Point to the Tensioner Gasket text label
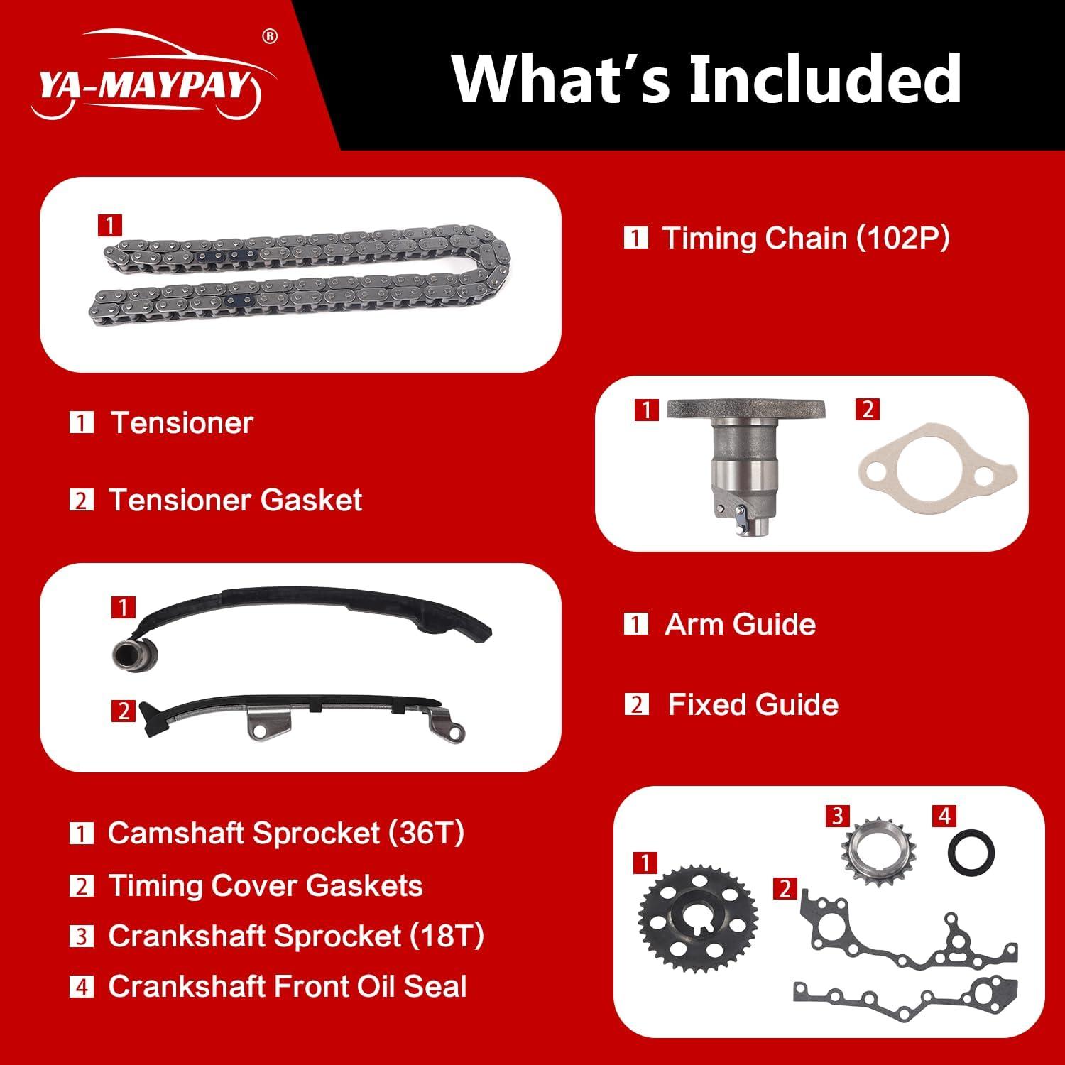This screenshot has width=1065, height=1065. click(234, 501)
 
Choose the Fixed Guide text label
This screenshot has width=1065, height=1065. click(753, 705)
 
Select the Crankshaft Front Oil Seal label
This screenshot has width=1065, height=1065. click(287, 987)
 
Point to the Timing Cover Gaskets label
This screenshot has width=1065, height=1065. click(265, 886)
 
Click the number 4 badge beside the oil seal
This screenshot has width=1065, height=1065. click(944, 816)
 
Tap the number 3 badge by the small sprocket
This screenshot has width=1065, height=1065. click(838, 816)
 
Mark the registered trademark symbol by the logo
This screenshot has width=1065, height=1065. click(270, 37)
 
